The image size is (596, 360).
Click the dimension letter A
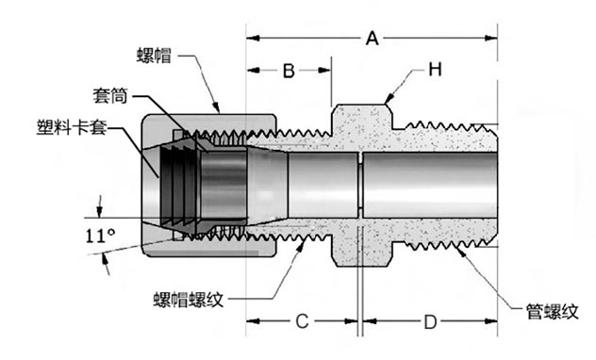click(372, 39)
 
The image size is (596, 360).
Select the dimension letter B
click(289, 71)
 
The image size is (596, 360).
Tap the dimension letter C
click(302, 321)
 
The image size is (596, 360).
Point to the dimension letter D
click(430, 322)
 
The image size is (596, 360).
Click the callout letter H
click(435, 70)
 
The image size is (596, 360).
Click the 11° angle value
click(100, 236)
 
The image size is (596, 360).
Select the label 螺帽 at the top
click(154, 56)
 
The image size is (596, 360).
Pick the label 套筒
click(110, 96)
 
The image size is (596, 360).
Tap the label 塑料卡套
click(71, 127)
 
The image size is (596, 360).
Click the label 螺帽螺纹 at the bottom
click(189, 300)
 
